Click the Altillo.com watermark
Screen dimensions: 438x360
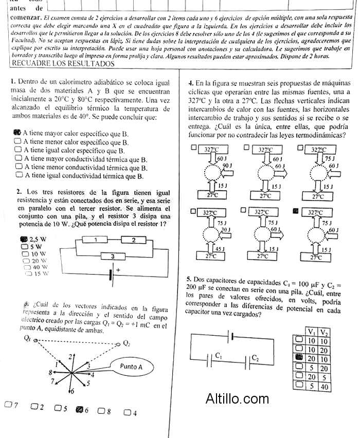point(237,398)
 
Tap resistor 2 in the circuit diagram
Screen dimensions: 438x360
point(134,240)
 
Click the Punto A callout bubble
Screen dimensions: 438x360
point(131,367)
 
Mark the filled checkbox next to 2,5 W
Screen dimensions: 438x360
point(24,239)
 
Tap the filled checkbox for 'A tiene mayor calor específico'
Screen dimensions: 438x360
point(17,133)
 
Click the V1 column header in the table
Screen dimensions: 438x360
point(311,332)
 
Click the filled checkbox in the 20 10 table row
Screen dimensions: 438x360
point(298,358)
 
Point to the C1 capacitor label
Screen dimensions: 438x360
point(219,355)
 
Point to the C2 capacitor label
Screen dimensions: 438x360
point(256,358)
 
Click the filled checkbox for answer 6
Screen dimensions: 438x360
point(79,410)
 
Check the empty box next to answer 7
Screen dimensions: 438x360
point(8,405)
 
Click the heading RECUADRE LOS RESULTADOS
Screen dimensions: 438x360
point(62,64)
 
